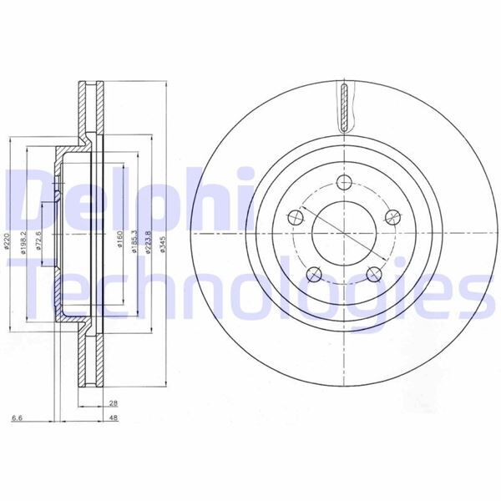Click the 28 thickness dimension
coord(112,403)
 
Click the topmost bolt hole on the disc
coord(343,183)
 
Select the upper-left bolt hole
coord(293,218)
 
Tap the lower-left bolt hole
coord(313,272)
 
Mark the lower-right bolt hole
coord(372,272)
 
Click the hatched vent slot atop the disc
coord(343,107)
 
